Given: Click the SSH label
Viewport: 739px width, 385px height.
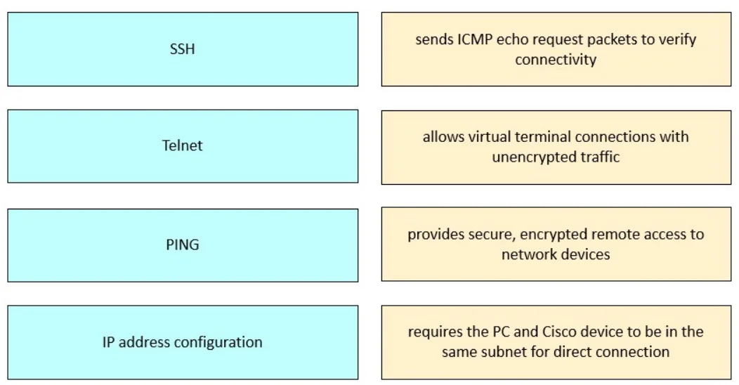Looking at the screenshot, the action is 183,48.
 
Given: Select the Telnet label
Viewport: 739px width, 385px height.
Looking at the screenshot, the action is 183,145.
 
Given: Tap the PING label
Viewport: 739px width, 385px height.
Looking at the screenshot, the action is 183,244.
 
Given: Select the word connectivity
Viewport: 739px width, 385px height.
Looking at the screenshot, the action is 556,60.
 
